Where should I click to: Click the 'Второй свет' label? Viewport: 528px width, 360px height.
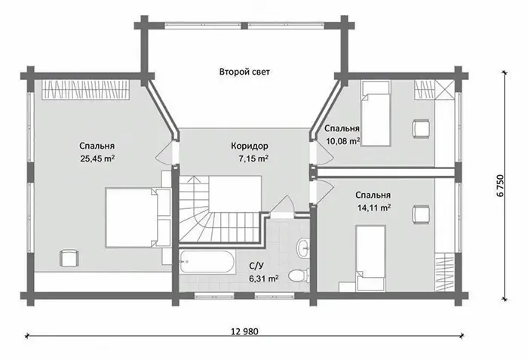[x=244, y=72]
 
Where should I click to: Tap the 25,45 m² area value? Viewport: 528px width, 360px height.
[x=97, y=158]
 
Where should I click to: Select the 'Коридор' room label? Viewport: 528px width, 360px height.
[x=250, y=146]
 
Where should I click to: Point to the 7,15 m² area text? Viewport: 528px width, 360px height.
[x=253, y=158]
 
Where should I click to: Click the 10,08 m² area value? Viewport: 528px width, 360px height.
[x=342, y=140]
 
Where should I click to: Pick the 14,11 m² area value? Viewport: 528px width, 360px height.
[x=374, y=208]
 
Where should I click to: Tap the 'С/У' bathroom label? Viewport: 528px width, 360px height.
[x=256, y=266]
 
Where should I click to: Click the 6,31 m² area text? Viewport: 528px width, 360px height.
[x=263, y=278]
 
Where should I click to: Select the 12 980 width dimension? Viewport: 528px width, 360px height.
[x=245, y=331]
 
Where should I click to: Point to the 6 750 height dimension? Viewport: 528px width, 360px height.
[x=501, y=186]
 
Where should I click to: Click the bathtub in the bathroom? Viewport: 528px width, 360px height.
[x=207, y=261]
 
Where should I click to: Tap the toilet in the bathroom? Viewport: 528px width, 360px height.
[x=299, y=275]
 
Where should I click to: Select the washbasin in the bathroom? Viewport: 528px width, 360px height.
[x=303, y=248]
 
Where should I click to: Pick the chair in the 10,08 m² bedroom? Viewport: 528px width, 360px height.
[x=421, y=128]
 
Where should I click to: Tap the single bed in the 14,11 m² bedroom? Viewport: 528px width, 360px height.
[x=370, y=258]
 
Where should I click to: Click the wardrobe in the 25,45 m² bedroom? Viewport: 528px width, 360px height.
[x=85, y=90]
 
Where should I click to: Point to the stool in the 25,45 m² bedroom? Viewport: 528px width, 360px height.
[x=69, y=258]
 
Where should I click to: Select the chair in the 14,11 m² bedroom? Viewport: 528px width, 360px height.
[x=421, y=214]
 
